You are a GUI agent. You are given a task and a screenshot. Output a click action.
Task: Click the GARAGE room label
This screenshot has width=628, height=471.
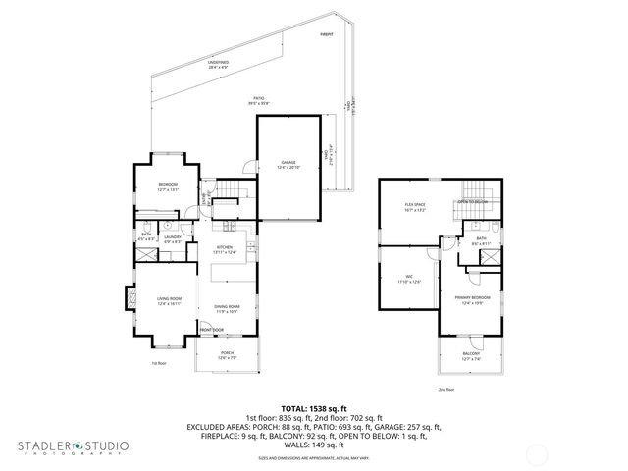288,163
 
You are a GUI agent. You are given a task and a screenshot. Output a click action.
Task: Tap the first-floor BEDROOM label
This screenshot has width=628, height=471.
169,188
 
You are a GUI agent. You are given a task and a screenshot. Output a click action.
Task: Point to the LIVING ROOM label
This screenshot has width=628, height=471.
169,301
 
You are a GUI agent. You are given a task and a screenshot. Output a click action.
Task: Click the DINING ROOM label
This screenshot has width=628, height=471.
227,308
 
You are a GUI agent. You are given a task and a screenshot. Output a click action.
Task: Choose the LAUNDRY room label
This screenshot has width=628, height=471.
173,237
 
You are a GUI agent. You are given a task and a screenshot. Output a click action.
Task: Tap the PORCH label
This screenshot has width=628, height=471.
227,354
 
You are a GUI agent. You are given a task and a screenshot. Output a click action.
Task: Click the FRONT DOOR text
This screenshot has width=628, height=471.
212,329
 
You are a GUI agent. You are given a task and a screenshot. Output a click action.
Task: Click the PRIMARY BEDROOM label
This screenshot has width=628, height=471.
473,298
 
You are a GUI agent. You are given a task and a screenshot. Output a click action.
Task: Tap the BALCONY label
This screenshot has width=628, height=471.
472,356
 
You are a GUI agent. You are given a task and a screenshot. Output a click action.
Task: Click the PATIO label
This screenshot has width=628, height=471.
259,99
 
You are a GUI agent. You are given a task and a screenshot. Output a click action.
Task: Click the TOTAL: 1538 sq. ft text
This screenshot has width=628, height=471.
313,407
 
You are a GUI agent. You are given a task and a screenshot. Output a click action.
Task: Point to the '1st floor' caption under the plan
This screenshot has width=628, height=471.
158,364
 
